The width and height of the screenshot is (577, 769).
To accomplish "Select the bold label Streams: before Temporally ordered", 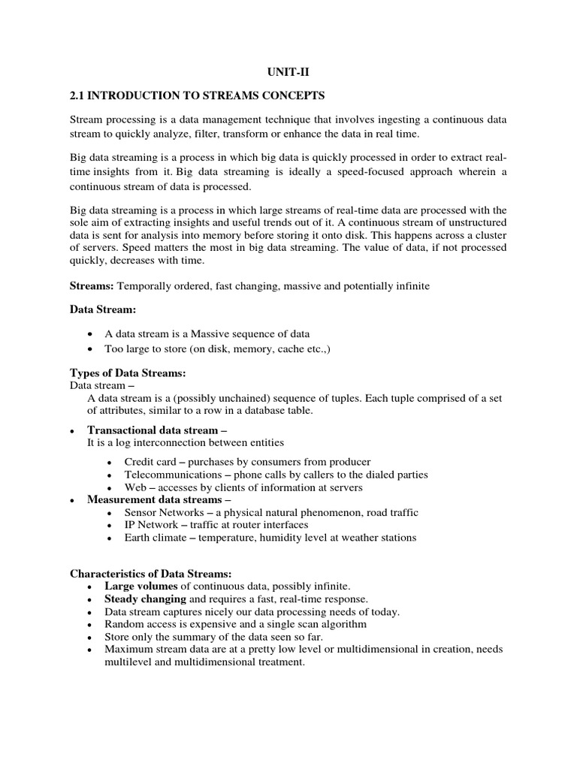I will [92, 286].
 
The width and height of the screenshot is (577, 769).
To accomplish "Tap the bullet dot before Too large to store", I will [91, 349].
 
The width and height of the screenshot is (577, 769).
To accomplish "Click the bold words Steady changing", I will [145, 599].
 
